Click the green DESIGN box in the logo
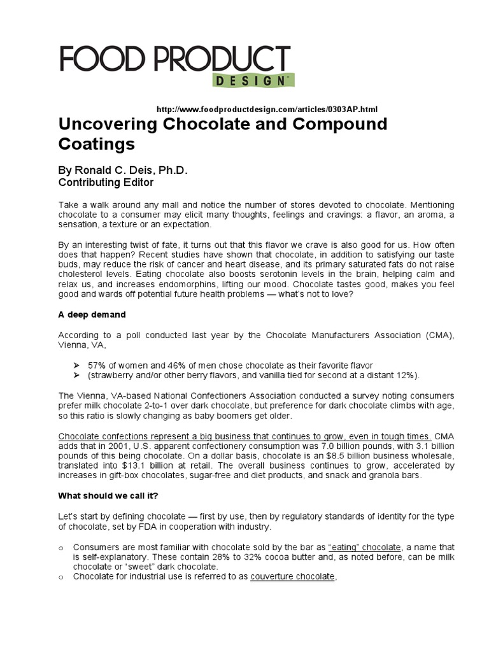click(250, 81)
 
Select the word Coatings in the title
click(97, 144)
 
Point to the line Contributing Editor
click(106, 182)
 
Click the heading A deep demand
click(92, 315)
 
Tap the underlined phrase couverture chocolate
click(292, 577)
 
